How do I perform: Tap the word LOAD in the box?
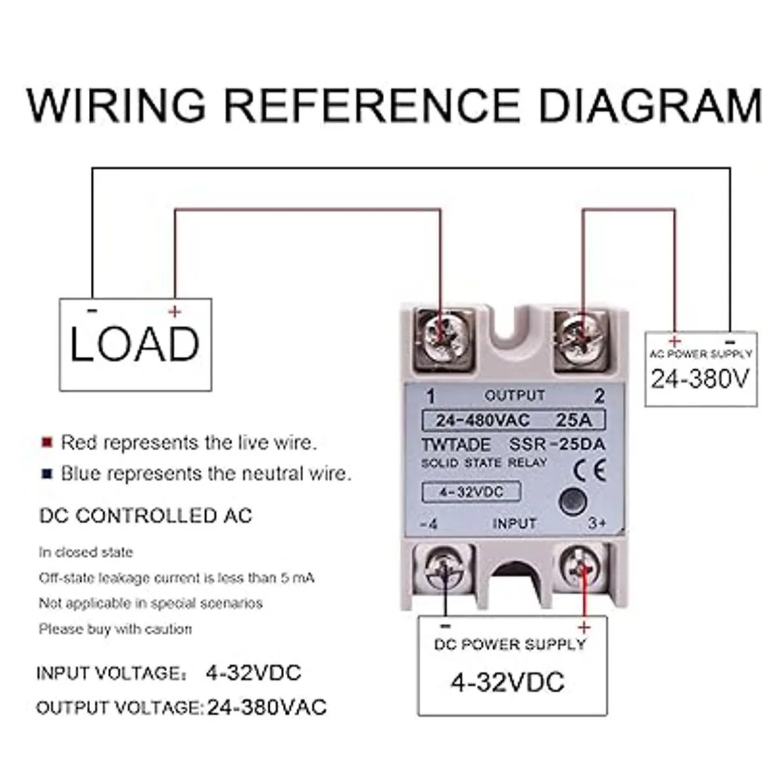(135, 344)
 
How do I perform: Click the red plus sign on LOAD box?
(174, 312)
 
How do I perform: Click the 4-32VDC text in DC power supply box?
(507, 682)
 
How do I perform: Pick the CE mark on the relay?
(589, 470)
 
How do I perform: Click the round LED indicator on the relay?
(572, 500)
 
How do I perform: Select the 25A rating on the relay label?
(574, 419)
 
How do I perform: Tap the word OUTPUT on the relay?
(515, 395)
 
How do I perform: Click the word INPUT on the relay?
(514, 523)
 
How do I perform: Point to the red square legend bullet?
(47, 442)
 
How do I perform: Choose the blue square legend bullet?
(47, 474)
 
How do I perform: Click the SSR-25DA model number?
(557, 445)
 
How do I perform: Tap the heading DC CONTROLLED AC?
(146, 515)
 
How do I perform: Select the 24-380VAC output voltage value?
(267, 707)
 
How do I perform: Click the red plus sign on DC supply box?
(583, 628)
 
